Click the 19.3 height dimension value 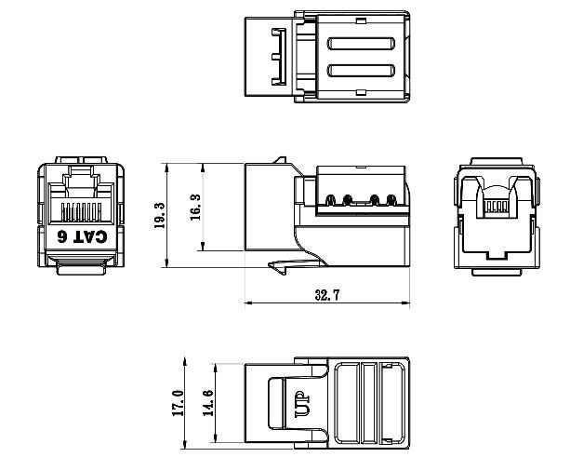[159, 216]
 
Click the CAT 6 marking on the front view [82, 236]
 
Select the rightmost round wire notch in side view [391, 198]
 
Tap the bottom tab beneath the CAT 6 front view [82, 267]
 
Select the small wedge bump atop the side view [275, 161]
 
